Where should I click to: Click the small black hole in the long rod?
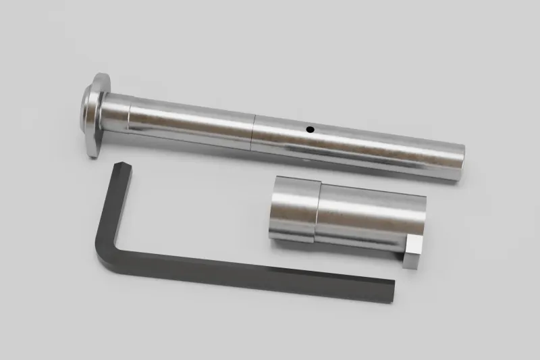tap(310, 128)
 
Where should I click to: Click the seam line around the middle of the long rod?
tap(252, 132)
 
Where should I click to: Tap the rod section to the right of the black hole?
tap(385, 145)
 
